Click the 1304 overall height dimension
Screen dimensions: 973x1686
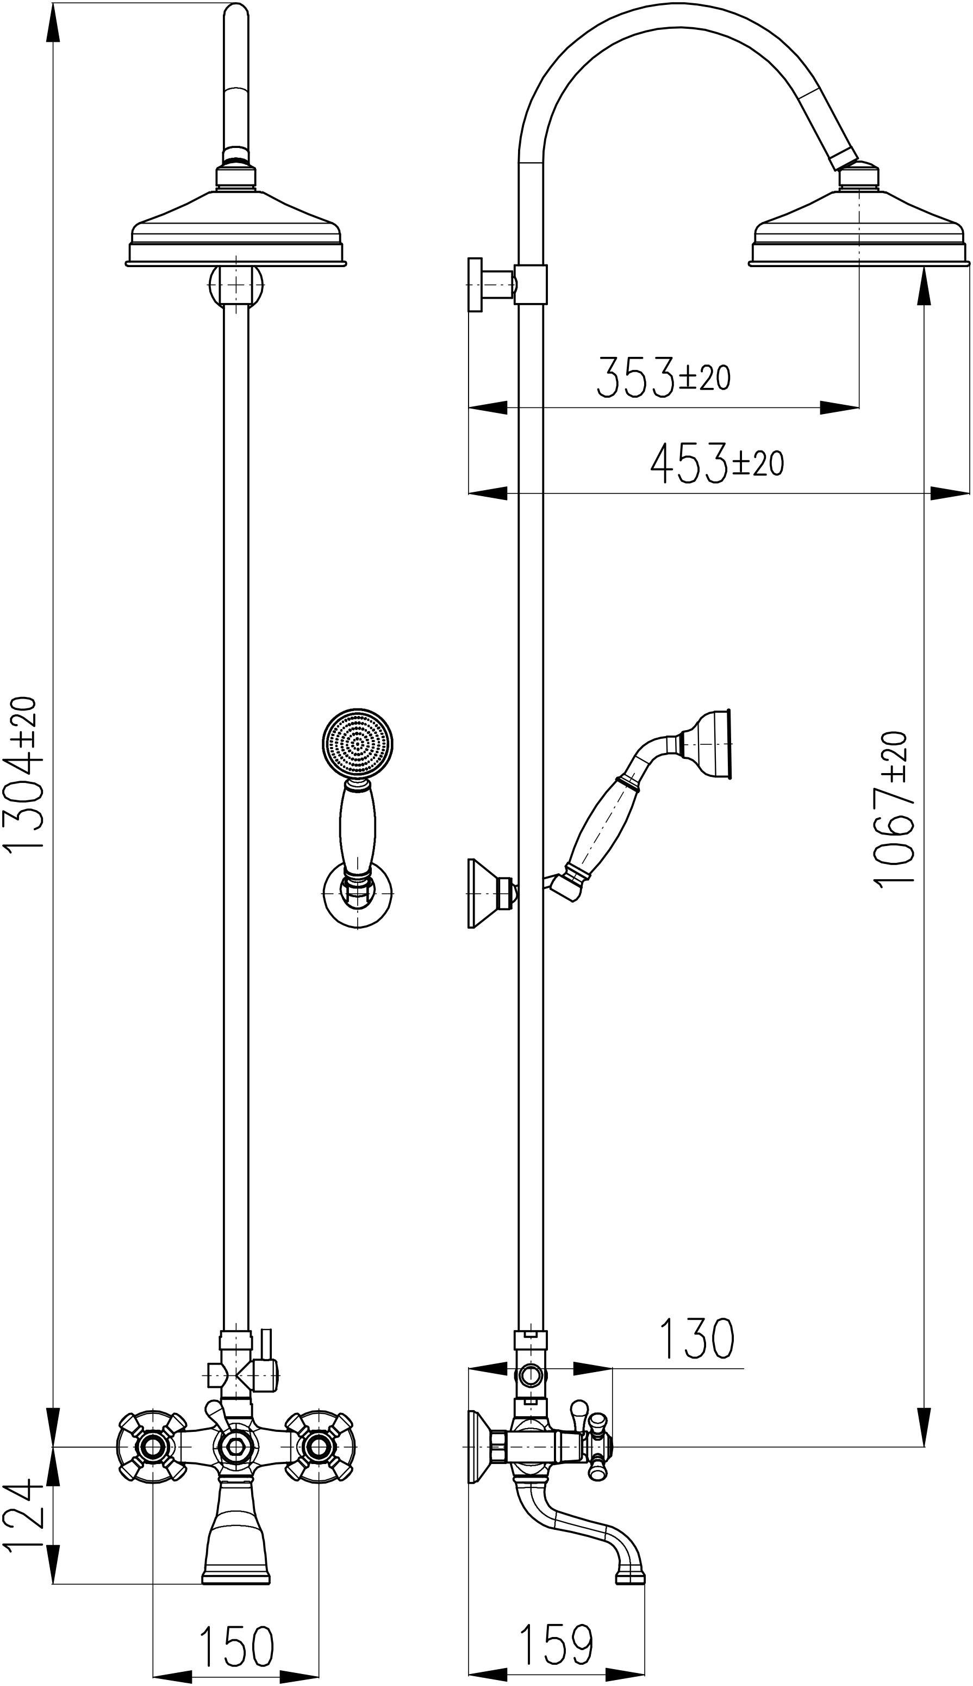[23, 773]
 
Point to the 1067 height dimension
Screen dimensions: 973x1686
[892, 809]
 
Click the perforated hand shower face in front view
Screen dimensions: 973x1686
[358, 743]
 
